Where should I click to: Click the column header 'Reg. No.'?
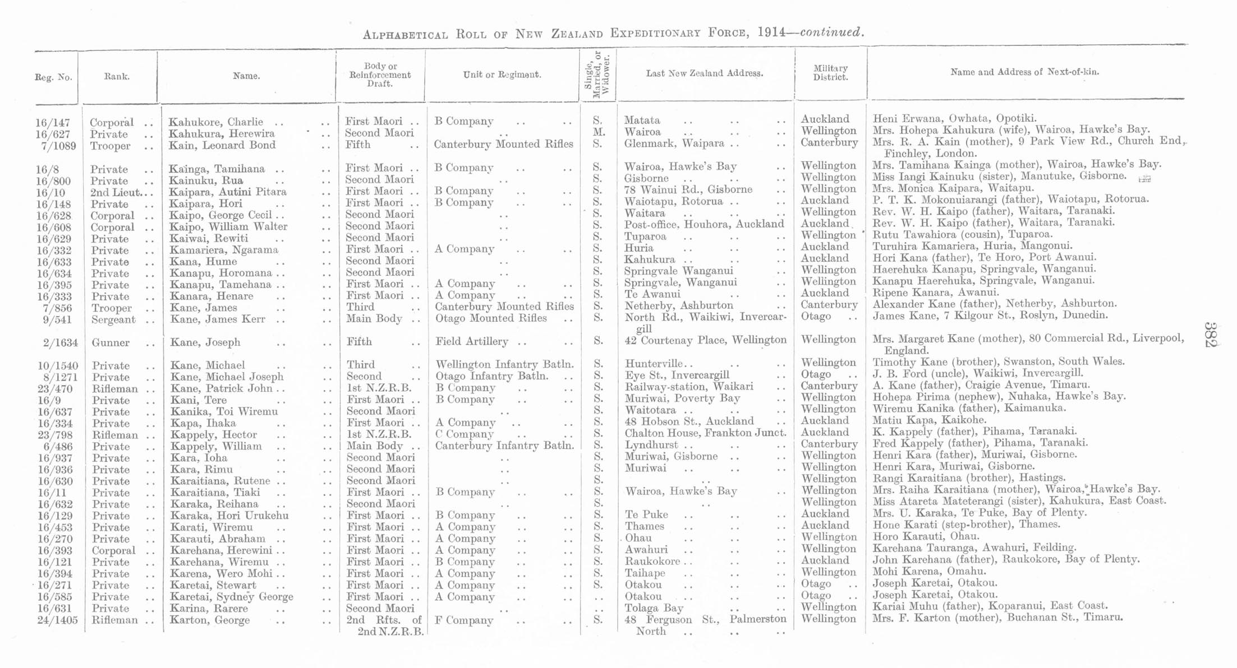[x=53, y=77]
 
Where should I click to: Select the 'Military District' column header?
[x=830, y=73]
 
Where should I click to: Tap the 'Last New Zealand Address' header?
[x=704, y=73]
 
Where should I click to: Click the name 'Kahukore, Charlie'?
[x=215, y=122]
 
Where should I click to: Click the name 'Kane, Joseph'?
[x=205, y=342]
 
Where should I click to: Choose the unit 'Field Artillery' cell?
[x=472, y=341]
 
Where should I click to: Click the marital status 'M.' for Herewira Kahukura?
[x=599, y=132]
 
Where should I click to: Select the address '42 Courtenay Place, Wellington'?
[x=705, y=340]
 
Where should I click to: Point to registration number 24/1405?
[x=57, y=620]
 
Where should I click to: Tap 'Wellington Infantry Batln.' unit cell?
[x=504, y=365]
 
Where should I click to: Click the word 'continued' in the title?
[x=831, y=33]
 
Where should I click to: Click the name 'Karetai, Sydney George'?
[x=231, y=597]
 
